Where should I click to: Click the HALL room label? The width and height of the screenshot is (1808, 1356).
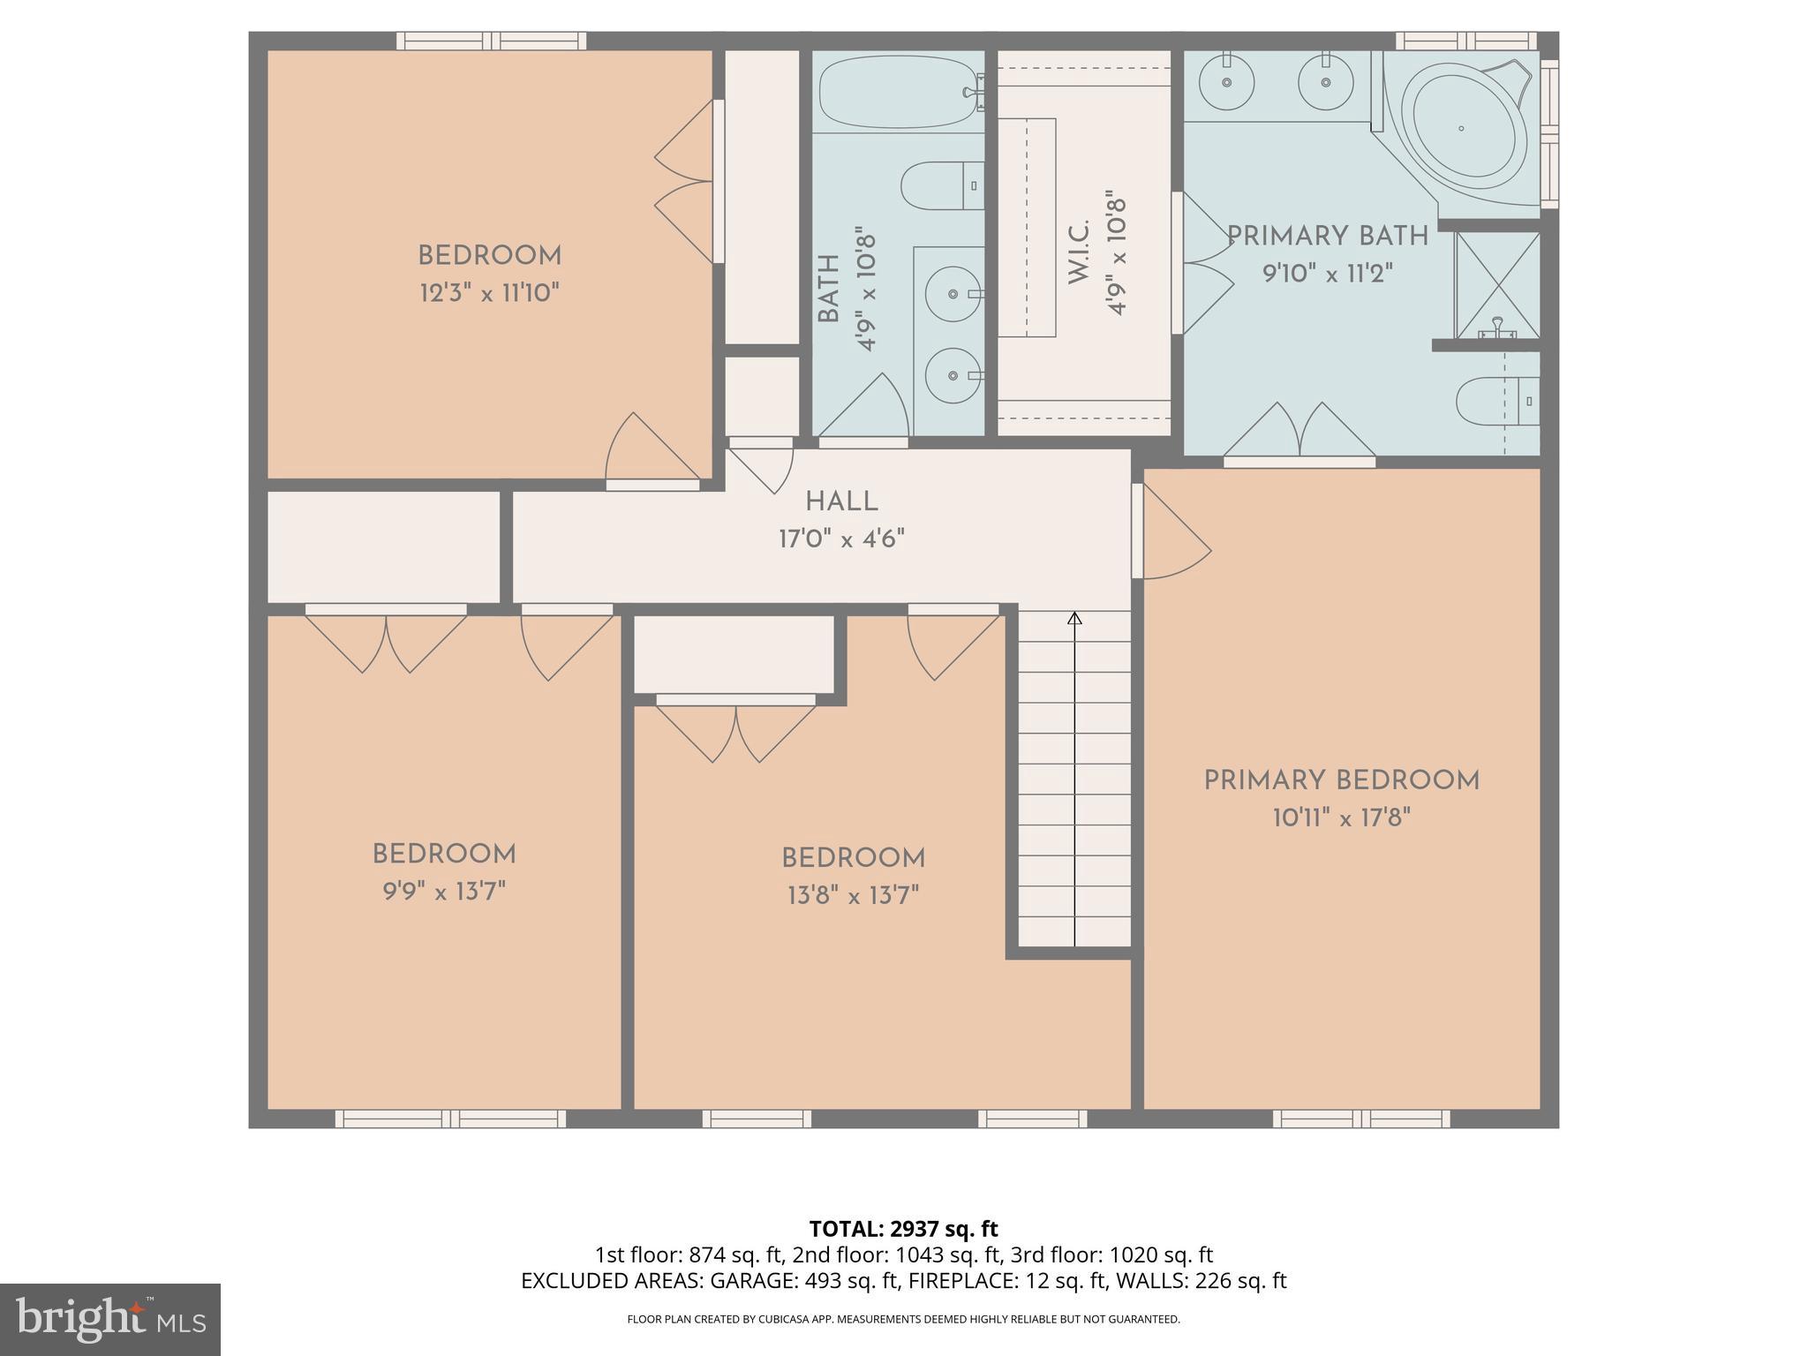[841, 502]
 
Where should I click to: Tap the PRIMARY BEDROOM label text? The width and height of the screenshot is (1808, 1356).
[1341, 781]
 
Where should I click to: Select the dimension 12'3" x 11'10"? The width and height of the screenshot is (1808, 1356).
[489, 293]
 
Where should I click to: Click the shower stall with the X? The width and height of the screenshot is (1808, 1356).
[1497, 285]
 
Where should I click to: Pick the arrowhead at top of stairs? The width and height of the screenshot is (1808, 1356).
[1074, 619]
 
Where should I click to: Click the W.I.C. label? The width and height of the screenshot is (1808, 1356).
[1080, 252]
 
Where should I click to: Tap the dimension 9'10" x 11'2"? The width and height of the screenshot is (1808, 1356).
[1327, 274]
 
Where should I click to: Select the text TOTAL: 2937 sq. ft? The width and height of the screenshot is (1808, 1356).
[903, 1229]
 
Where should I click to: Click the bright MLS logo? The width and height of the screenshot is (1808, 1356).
[110, 1319]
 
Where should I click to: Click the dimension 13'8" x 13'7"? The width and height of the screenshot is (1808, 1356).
[853, 896]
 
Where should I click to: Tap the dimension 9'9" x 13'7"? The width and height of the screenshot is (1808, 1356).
[443, 892]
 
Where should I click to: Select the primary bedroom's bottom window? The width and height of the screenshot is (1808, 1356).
[1360, 1119]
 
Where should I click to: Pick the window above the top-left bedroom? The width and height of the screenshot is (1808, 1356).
[491, 41]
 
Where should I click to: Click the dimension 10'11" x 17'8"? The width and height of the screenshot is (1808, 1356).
[1341, 818]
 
